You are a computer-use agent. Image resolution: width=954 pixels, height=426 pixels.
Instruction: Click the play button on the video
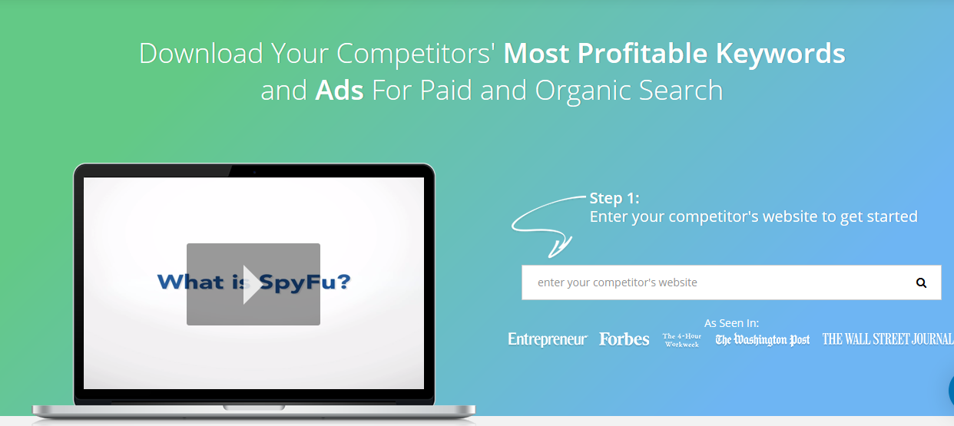pos(253,284)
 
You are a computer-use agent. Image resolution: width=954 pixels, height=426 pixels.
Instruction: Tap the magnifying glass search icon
pos(921,282)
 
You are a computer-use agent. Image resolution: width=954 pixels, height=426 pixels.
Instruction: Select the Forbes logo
pos(624,339)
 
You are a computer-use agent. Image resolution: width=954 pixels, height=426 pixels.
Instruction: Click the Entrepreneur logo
pos(548,339)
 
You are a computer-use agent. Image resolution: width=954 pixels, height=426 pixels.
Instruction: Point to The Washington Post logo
pos(762,339)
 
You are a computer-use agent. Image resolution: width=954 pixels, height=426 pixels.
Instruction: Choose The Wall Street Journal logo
pos(888,339)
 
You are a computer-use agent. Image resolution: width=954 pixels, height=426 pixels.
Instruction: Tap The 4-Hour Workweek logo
pos(682,341)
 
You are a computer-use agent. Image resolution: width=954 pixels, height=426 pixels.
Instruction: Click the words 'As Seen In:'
pos(731,323)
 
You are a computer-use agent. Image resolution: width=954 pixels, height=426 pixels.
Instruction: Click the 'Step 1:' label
pos(614,198)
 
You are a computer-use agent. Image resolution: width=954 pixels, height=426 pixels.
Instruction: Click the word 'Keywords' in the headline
pos(780,54)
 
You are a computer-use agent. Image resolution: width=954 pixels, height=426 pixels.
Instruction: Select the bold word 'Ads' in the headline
pos(340,91)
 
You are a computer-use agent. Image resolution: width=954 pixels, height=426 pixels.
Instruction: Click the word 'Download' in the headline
pos(201,54)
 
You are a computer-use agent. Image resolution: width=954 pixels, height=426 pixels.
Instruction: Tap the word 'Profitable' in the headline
pos(642,53)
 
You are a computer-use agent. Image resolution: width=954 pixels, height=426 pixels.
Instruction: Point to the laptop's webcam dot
pos(254,172)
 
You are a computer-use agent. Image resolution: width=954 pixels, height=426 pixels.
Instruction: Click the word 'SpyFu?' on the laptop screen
pos(304,282)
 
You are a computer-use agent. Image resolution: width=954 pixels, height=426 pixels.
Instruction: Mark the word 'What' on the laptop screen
pos(190,282)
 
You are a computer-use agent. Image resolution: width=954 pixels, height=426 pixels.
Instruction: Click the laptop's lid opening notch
pos(254,408)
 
